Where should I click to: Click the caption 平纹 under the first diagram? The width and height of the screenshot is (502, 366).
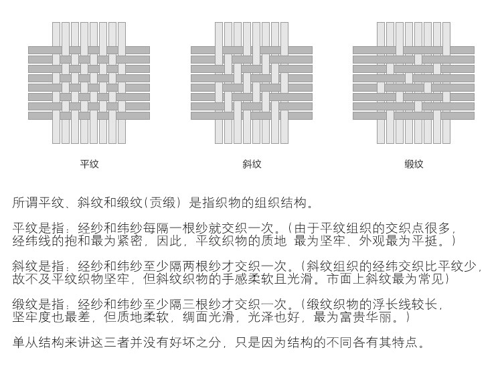pos(89,164)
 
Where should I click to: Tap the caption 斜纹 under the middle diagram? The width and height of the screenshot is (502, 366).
pos(252,164)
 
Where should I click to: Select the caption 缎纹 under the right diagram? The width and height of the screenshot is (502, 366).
pos(414,164)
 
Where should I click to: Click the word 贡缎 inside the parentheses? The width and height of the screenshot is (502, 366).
pos(163,203)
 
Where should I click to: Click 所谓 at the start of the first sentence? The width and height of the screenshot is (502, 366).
pos(25,203)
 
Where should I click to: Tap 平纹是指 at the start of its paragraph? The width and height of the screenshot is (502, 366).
pos(38,228)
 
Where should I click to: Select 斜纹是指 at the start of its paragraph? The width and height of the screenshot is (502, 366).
pos(38,266)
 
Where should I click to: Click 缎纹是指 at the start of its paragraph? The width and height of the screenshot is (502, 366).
pos(38,304)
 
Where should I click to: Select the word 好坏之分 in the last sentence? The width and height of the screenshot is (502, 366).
pos(195,343)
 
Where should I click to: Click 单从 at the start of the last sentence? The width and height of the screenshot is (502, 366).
pos(25,343)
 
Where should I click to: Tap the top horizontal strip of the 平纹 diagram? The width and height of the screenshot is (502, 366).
pos(89,50)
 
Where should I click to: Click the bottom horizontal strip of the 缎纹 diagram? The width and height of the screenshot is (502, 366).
pos(414,116)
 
